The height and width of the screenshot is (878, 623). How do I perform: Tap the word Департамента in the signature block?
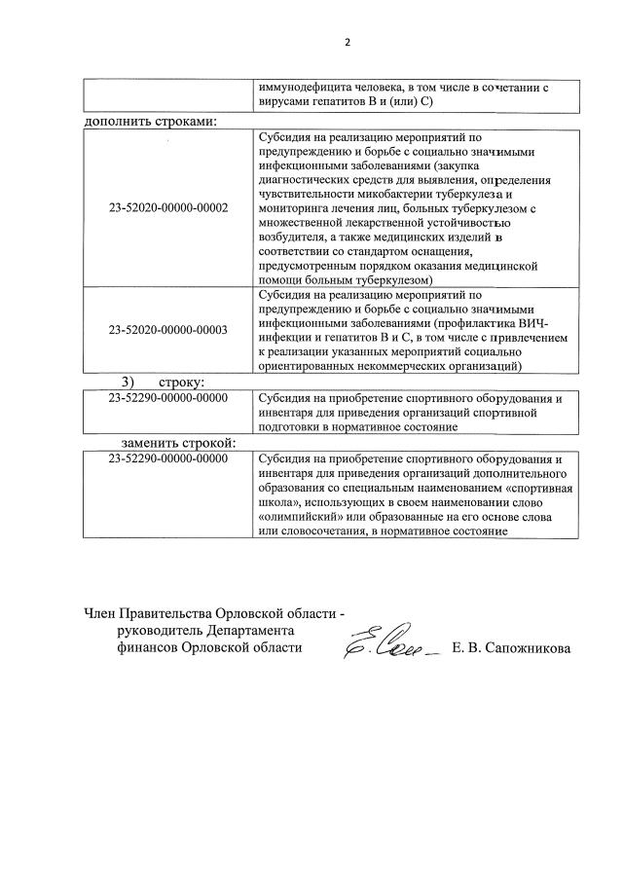pos(245,631)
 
